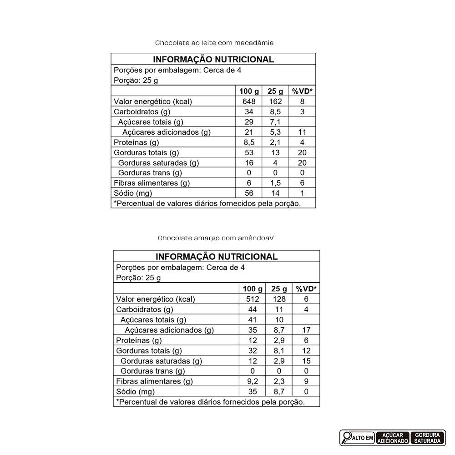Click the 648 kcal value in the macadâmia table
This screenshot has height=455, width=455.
[249, 101]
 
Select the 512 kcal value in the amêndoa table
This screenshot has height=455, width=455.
[253, 299]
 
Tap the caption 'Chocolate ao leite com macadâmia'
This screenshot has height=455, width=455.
[214, 43]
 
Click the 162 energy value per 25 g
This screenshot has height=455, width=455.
[275, 101]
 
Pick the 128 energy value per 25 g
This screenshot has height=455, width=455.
[279, 299]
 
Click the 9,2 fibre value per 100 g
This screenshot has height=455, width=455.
[253, 381]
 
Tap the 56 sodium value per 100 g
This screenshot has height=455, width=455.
[249, 193]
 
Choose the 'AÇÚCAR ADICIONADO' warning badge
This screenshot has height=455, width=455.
[392, 438]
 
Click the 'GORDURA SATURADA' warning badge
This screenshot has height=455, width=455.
[428, 438]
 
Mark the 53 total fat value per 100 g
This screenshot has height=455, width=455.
[249, 152]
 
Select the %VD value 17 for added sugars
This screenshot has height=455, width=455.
[306, 330]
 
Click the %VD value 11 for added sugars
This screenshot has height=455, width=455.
[302, 132]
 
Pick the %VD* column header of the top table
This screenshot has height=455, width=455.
[302, 91]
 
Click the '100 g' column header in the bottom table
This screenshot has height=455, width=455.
[253, 288]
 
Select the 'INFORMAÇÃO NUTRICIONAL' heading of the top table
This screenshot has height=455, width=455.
[213, 59]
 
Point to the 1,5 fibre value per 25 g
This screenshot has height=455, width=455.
[275, 183]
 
